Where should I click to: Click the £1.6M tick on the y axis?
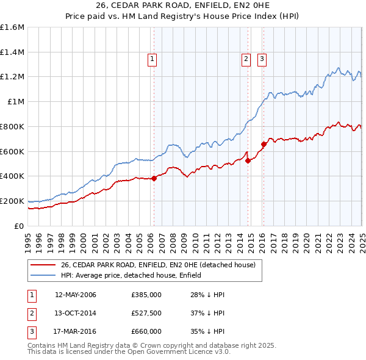click(12, 27)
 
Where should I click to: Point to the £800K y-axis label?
click(12, 126)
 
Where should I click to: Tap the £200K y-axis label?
click(12, 201)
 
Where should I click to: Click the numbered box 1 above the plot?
click(151, 59)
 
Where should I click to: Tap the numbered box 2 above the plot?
click(246, 59)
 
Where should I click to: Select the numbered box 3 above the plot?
click(262, 59)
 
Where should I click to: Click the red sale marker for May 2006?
click(154, 178)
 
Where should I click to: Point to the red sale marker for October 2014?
click(248, 160)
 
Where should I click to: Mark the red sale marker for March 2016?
click(264, 144)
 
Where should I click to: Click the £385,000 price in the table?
click(146, 295)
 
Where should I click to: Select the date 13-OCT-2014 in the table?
click(76, 313)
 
